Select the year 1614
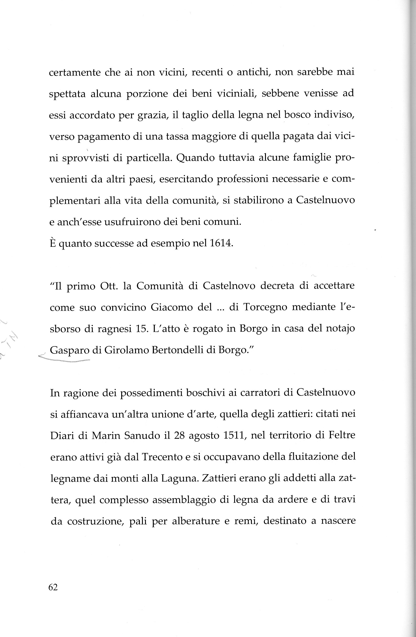tap(219, 243)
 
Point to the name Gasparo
tap(69, 351)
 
